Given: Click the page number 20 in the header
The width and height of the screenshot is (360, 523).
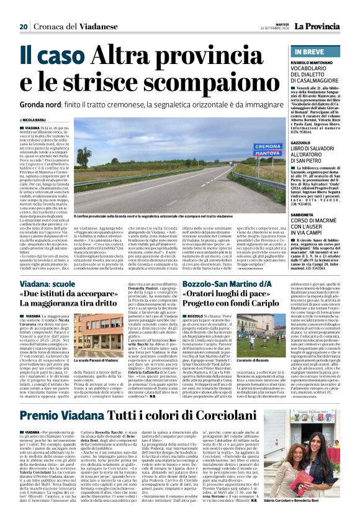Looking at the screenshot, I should pos(23,27).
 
